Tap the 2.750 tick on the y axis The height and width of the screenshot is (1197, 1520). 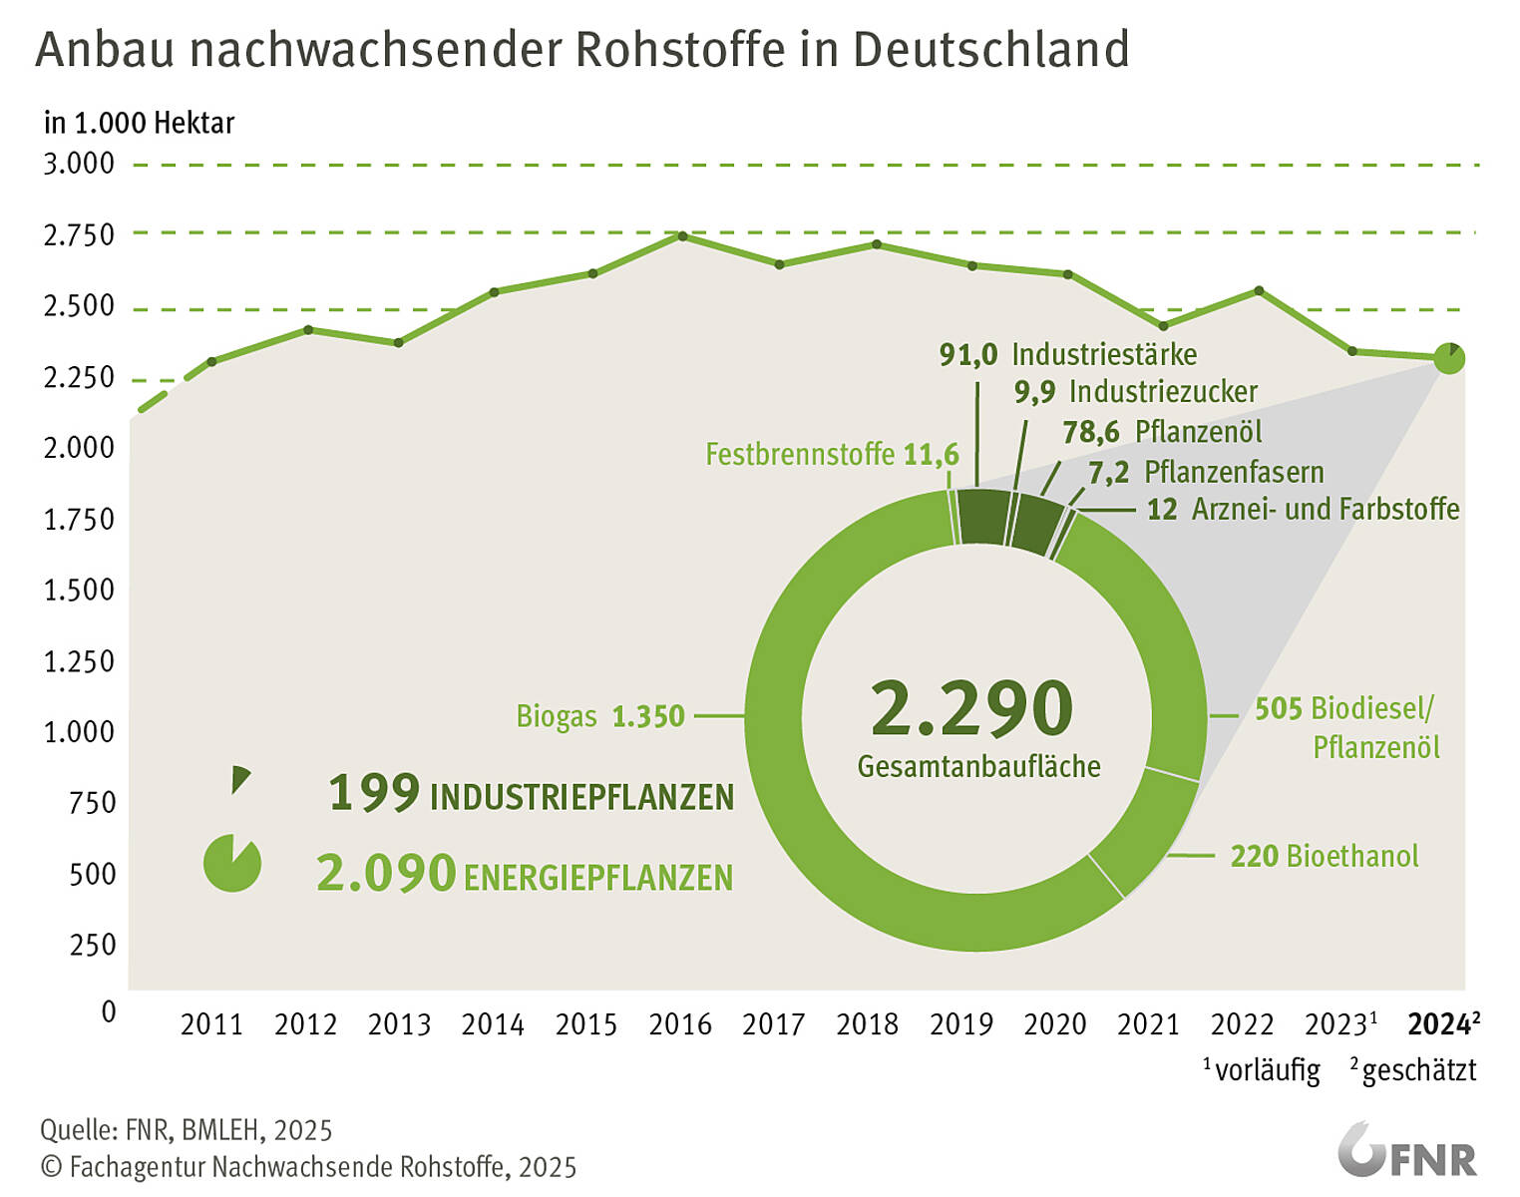click(79, 235)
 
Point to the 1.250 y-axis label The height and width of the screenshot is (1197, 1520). click(79, 661)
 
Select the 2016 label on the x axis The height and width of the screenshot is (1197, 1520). click(680, 1024)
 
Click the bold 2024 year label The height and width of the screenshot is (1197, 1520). click(1438, 1024)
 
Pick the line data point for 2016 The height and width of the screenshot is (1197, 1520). click(682, 236)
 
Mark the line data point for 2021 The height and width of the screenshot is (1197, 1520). click(1163, 326)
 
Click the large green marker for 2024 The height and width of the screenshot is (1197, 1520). click(1449, 358)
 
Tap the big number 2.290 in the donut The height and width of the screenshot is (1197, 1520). click(972, 708)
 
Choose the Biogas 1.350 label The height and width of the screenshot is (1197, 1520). click(600, 716)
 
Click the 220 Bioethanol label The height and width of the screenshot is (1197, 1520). click(1324, 856)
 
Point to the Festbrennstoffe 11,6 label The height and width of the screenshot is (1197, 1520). click(832, 455)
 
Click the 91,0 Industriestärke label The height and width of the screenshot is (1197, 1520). click(1067, 354)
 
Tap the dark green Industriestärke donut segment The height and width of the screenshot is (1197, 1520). click(981, 517)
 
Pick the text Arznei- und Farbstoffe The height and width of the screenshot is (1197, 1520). click(1326, 510)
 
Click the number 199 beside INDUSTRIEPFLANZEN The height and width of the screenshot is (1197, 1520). click(374, 793)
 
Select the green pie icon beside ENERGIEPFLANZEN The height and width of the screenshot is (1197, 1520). click(232, 863)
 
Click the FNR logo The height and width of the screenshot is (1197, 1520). click(1406, 1152)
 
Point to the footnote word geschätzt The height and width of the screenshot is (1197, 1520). click(1418, 1071)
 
